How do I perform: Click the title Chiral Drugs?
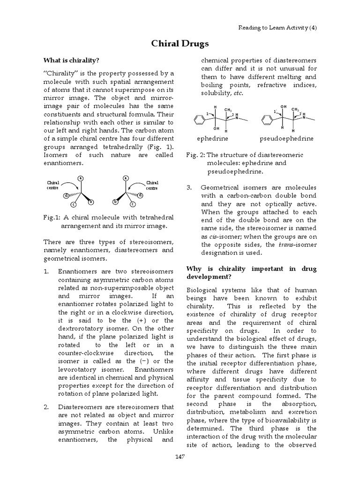pyautogui.click(x=180, y=44)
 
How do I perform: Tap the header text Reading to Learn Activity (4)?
pyautogui.click(x=277, y=28)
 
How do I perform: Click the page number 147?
pyautogui.click(x=180, y=457)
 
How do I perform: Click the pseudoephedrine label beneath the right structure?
pyautogui.click(x=286, y=139)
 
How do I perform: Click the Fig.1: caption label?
pyautogui.click(x=52, y=217)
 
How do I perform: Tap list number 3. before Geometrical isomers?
pyautogui.click(x=190, y=187)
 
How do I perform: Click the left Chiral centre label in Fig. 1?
pyautogui.click(x=52, y=186)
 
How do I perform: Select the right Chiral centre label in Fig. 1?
pyautogui.click(x=152, y=186)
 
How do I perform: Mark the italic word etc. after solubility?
pyautogui.click(x=238, y=93)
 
